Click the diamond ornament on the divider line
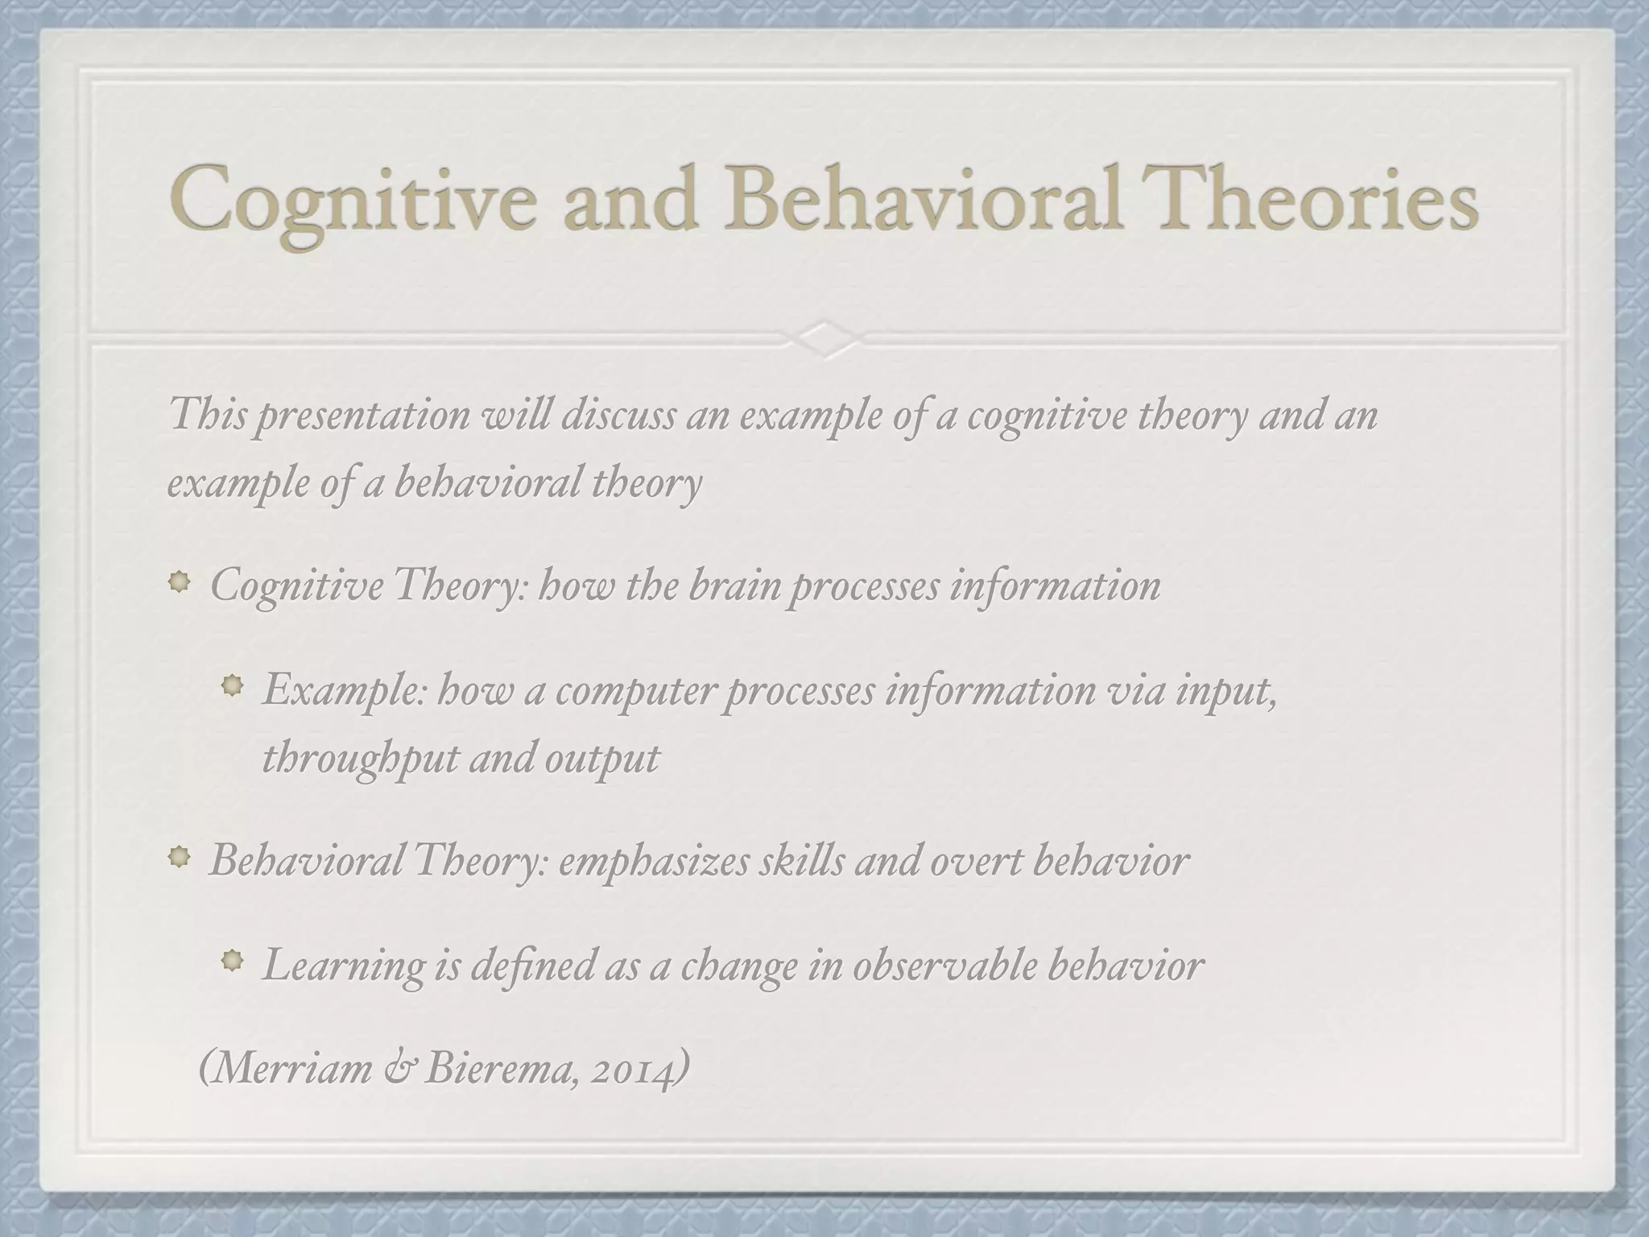coord(824,340)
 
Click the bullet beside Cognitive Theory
coord(180,581)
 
